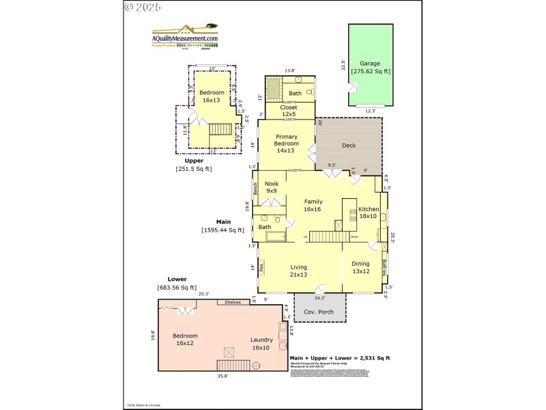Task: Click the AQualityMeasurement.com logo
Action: click(x=184, y=36)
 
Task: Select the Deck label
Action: click(x=349, y=145)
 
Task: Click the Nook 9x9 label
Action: click(x=272, y=187)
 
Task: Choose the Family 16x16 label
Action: click(x=313, y=205)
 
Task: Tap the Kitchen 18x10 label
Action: click(x=369, y=213)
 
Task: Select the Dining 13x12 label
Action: click(x=360, y=267)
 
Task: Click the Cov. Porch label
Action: click(x=319, y=312)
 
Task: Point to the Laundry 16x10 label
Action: click(x=261, y=344)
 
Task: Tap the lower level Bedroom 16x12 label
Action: click(x=185, y=340)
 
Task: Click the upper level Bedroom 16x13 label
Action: click(x=211, y=96)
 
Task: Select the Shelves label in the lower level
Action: click(x=233, y=302)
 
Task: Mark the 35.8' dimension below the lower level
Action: click(x=222, y=376)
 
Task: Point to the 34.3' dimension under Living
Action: click(x=319, y=297)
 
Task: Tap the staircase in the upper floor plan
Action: click(x=220, y=129)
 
